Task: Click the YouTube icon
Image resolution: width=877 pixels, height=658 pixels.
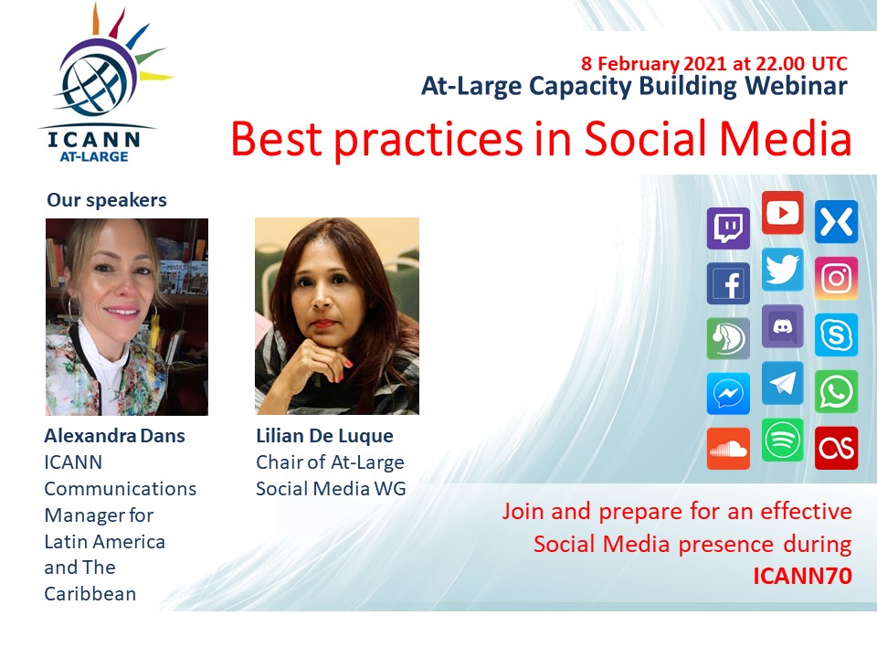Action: tap(783, 213)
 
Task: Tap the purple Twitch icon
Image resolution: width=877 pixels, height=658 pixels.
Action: tap(728, 228)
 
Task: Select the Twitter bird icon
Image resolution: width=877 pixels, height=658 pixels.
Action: tap(783, 270)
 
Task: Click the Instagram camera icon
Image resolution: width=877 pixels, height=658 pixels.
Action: tap(836, 278)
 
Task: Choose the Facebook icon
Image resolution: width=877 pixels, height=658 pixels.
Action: tap(728, 283)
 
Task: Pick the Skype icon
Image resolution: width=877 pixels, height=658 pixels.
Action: tap(836, 335)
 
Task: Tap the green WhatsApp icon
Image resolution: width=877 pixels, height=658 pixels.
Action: tap(836, 391)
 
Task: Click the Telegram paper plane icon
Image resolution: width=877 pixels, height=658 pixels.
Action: tap(783, 383)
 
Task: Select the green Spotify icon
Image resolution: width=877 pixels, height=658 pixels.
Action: tap(783, 440)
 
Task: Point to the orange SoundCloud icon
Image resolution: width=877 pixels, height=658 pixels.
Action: tap(728, 449)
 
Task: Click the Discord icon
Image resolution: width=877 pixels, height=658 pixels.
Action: tap(783, 326)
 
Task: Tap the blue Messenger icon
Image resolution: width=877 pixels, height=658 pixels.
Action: tap(728, 394)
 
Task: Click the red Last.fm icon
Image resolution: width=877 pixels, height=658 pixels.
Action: tap(836, 448)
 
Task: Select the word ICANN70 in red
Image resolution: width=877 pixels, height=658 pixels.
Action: tap(802, 576)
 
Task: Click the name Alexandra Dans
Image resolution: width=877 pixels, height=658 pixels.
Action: tap(115, 436)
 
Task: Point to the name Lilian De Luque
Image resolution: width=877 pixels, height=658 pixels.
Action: tap(324, 436)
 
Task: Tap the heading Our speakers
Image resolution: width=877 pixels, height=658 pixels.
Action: tap(107, 200)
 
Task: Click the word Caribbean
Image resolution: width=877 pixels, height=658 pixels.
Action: tap(90, 594)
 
